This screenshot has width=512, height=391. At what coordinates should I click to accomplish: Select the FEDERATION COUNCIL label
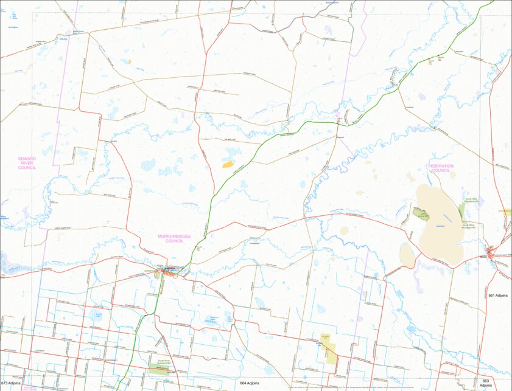[x=441, y=168]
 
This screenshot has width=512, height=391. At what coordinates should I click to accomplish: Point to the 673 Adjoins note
[x=12, y=383]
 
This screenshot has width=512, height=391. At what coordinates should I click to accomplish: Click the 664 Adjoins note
[x=249, y=383]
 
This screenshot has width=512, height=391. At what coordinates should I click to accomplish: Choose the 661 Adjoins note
[x=498, y=295]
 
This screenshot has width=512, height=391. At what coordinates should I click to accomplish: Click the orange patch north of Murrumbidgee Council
[x=228, y=163]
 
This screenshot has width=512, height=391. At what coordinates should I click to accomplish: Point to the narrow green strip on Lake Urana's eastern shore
[x=461, y=210]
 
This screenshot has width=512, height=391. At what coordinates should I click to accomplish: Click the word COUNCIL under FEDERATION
[x=441, y=171]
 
